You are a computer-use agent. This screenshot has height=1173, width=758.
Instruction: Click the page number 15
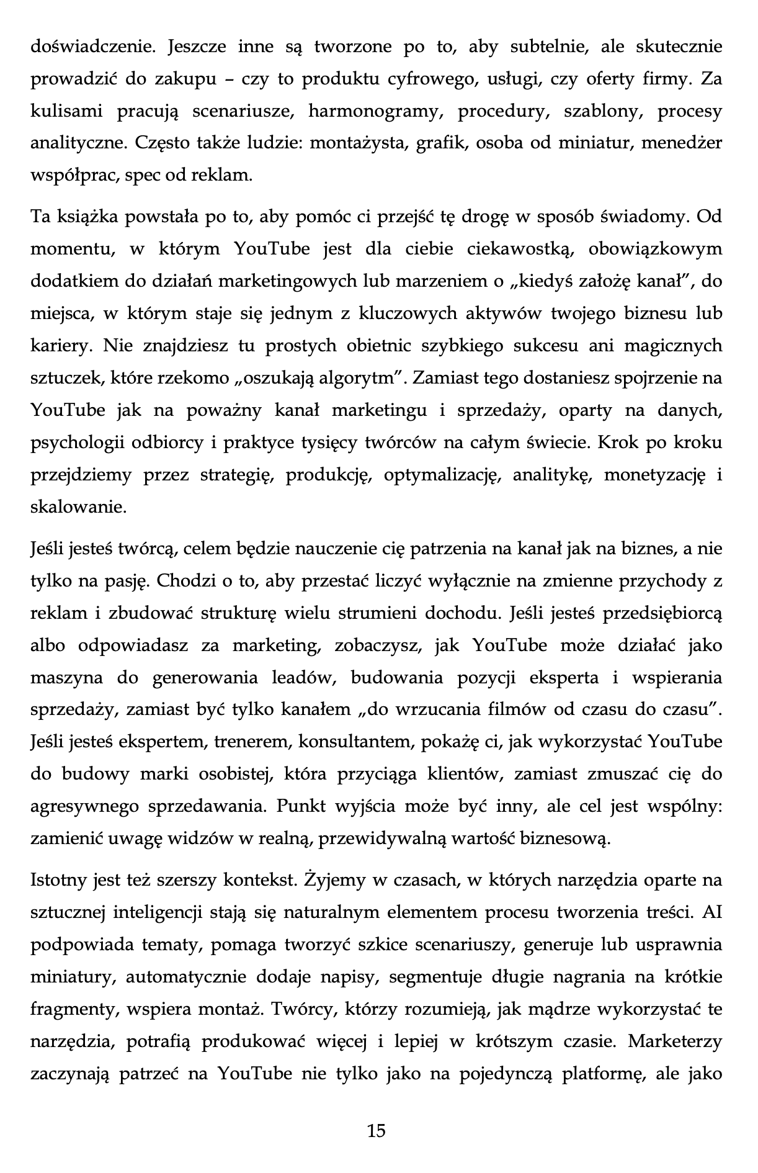coord(377,1130)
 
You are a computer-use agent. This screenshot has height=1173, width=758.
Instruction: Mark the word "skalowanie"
coord(78,507)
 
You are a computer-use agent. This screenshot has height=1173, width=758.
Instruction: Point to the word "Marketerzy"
coord(675,1041)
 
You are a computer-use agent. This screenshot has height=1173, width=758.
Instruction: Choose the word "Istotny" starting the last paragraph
coord(60,880)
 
